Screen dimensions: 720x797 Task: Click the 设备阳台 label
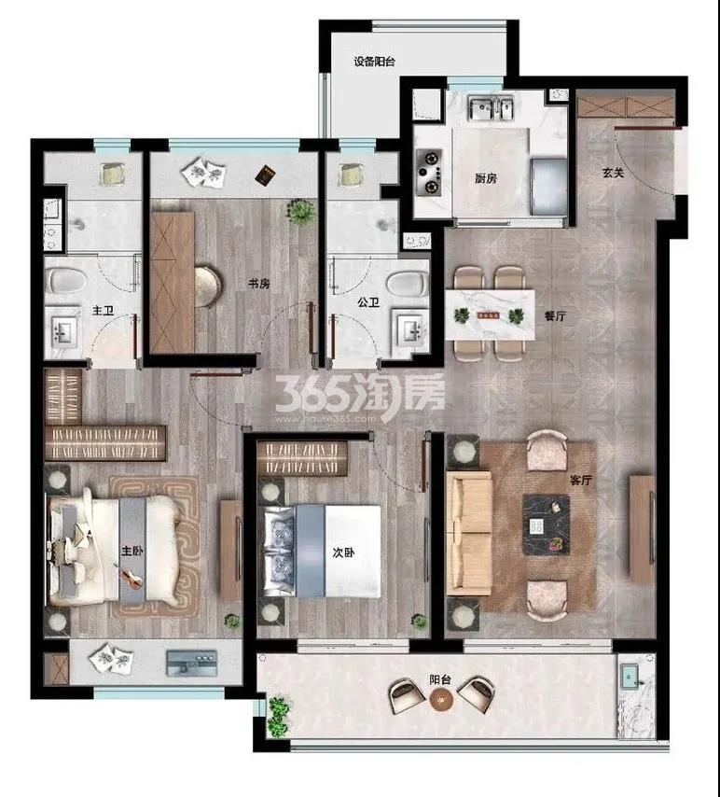coord(375,62)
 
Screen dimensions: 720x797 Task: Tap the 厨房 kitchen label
coord(486,178)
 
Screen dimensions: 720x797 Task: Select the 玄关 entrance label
coord(613,173)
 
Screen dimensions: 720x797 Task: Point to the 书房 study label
coord(258,284)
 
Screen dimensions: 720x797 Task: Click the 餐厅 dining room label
coord(555,316)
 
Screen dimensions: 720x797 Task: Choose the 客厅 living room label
coord(581,480)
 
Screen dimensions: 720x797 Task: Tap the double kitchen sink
coord(492,108)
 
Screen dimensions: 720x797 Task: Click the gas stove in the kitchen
coord(429,173)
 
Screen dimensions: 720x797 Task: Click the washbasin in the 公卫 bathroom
coord(409,329)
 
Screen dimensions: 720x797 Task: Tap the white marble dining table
coord(490,315)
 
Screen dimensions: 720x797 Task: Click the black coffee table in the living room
coord(547,524)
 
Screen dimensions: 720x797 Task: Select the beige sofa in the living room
coord(469,533)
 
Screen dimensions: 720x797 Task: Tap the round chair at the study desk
coord(208,287)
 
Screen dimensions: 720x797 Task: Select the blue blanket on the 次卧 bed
coord(310,551)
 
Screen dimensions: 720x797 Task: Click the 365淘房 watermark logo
coord(360,398)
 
